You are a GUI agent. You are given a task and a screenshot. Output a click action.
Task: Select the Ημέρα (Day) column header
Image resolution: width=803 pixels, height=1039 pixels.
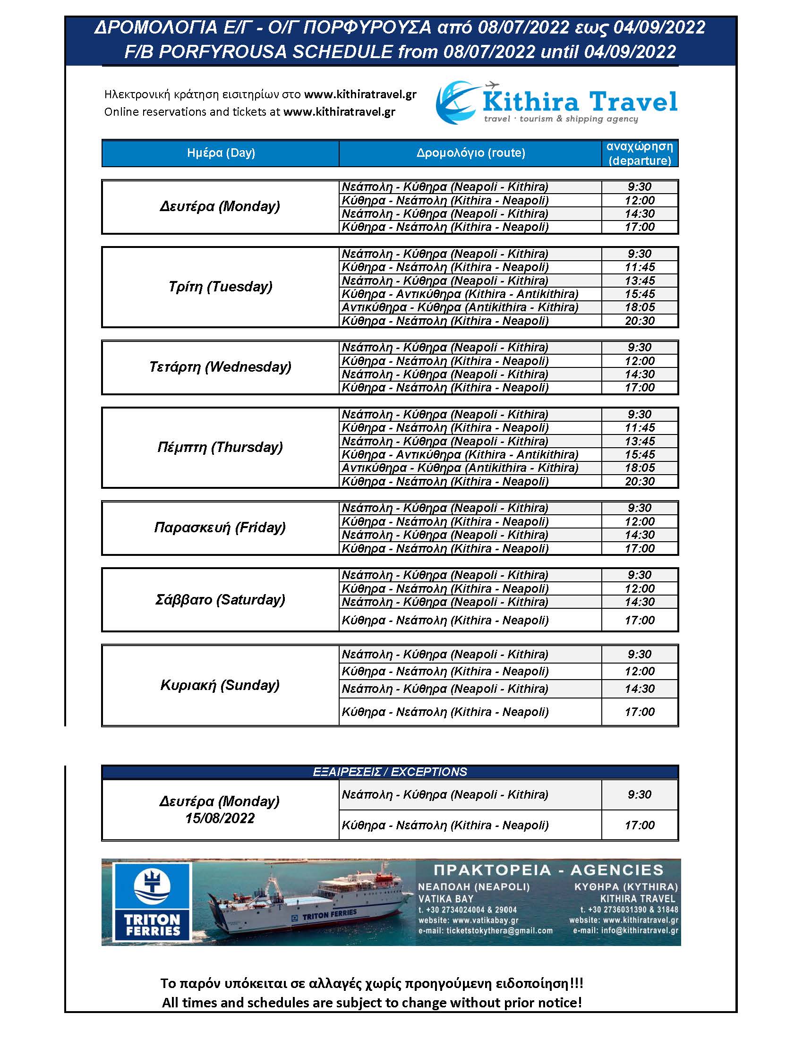[221, 153]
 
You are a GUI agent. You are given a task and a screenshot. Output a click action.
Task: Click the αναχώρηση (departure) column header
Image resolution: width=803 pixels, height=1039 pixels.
[640, 153]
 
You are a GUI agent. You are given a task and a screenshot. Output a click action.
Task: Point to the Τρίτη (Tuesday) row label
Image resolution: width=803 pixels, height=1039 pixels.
[220, 287]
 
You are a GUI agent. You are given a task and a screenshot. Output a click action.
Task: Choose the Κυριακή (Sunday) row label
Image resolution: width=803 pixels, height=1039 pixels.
[220, 685]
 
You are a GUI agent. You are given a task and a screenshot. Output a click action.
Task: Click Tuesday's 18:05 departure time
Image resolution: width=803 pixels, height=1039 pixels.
[640, 307]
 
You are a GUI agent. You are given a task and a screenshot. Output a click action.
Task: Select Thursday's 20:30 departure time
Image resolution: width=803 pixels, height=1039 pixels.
[640, 481]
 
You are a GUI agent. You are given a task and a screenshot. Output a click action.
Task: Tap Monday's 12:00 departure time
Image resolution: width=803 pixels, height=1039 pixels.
[640, 200]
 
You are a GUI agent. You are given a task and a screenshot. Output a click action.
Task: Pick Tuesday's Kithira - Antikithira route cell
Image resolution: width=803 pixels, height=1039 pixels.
[460, 294]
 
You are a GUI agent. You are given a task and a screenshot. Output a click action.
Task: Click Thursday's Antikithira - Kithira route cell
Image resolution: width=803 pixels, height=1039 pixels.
[460, 468]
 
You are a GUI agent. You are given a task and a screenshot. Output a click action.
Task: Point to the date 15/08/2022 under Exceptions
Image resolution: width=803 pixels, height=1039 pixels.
[220, 818]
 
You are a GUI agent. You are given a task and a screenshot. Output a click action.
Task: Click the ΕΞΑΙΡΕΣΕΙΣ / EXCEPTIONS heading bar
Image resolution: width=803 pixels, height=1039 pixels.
[390, 772]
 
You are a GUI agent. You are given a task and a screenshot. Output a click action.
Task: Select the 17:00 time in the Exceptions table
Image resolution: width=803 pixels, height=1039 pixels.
[640, 825]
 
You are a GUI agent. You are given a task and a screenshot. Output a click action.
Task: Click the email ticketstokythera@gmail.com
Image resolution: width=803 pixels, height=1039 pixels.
[485, 930]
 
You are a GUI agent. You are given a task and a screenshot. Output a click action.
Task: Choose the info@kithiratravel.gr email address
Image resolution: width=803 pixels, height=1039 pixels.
[625, 930]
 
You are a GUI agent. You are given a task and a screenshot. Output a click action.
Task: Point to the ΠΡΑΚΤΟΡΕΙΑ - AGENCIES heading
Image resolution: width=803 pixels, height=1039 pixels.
[548, 870]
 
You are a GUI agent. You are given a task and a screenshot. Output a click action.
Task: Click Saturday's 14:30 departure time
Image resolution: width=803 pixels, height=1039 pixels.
[640, 602]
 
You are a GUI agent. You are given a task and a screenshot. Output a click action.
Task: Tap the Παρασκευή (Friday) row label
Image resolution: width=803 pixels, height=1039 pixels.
[220, 528]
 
